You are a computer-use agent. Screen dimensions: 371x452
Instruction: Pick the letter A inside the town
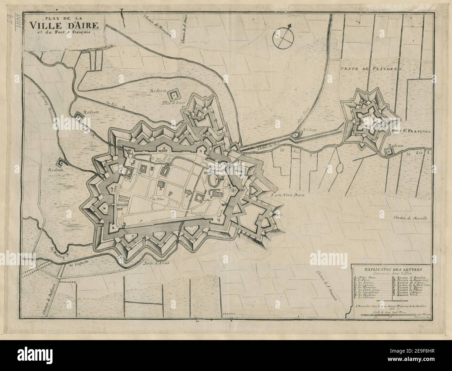160,190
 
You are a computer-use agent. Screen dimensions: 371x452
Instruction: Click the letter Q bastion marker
219,219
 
